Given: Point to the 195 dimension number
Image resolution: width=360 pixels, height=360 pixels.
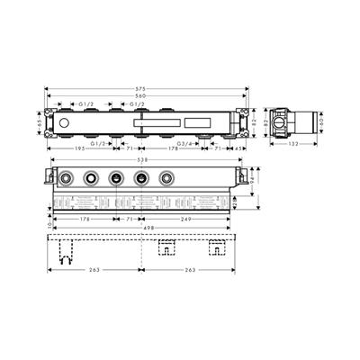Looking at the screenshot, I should tap(80, 148).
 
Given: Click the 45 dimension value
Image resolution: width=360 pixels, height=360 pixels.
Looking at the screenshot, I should tap(238, 148).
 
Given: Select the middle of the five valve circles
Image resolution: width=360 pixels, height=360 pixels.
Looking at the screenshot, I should tap(116, 180).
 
